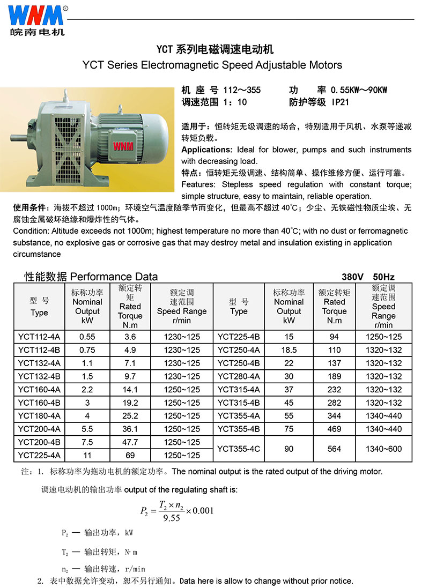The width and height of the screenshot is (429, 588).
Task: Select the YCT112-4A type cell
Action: [39, 337]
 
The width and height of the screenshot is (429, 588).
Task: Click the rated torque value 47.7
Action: [130, 442]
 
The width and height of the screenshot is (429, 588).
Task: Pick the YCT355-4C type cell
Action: [239, 449]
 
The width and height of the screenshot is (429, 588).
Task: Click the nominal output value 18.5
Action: [289, 350]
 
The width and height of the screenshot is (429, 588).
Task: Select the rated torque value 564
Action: [334, 449]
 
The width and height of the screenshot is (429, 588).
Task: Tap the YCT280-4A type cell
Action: [239, 376]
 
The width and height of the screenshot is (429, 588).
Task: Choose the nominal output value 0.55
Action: [87, 337]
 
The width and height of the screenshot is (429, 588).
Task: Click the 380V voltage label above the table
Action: [353, 277]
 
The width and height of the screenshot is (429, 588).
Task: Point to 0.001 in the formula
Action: [199, 510]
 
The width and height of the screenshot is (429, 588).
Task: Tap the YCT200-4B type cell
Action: [39, 442]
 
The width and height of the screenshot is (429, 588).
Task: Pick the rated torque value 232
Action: [334, 390]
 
